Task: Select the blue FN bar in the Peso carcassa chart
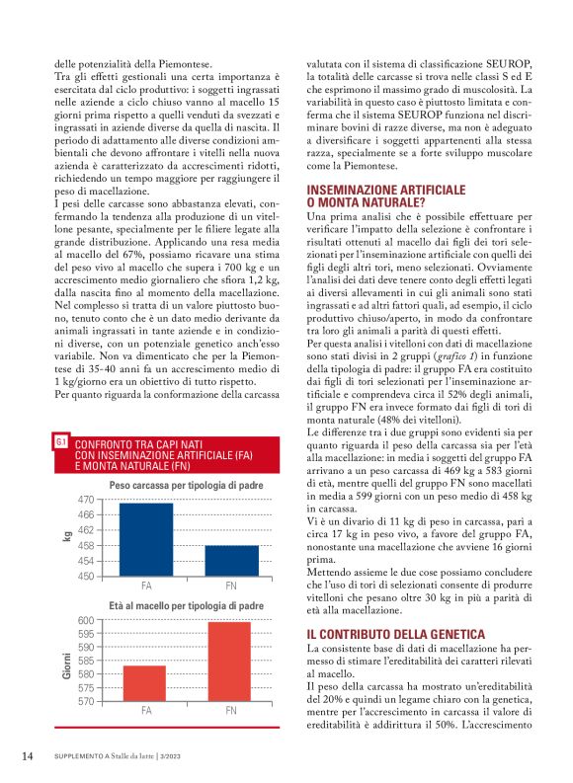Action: tap(231, 560)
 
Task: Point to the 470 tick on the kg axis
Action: tap(85, 501)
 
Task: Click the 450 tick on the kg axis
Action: tap(85, 576)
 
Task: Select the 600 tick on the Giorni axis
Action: tap(85, 620)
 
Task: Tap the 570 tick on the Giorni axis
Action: tap(85, 701)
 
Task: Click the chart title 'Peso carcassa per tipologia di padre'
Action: tap(187, 486)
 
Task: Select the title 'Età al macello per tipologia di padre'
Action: tap(187, 605)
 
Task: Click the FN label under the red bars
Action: tap(231, 710)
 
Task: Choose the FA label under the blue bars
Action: tap(145, 586)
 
